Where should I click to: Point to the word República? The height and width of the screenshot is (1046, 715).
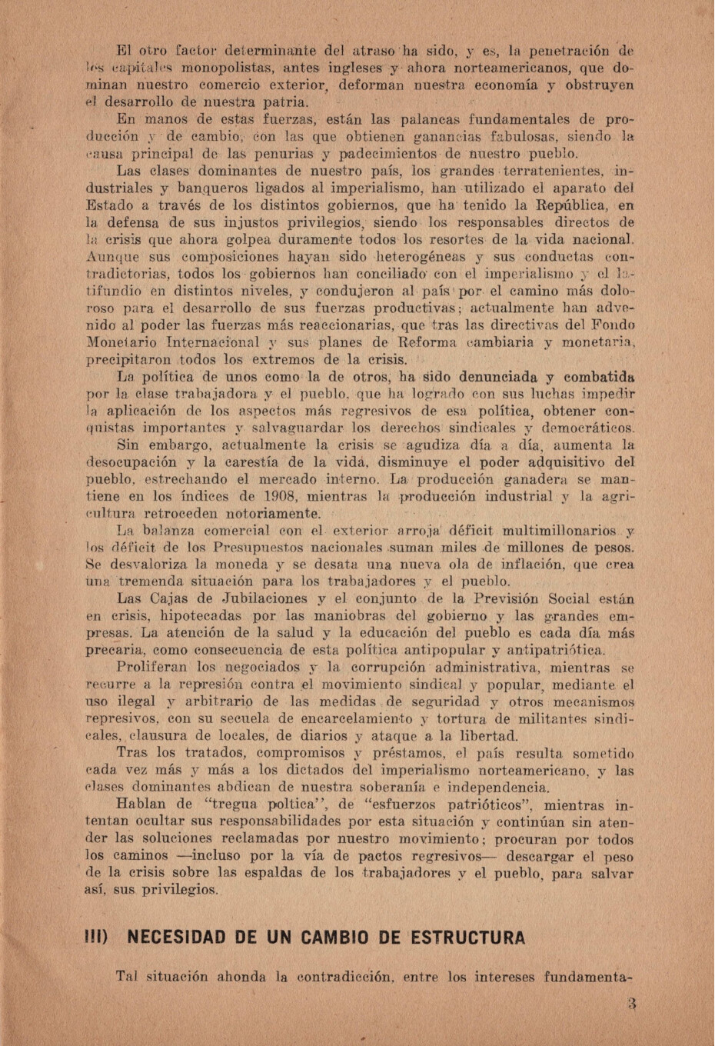pyautogui.click(x=567, y=205)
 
